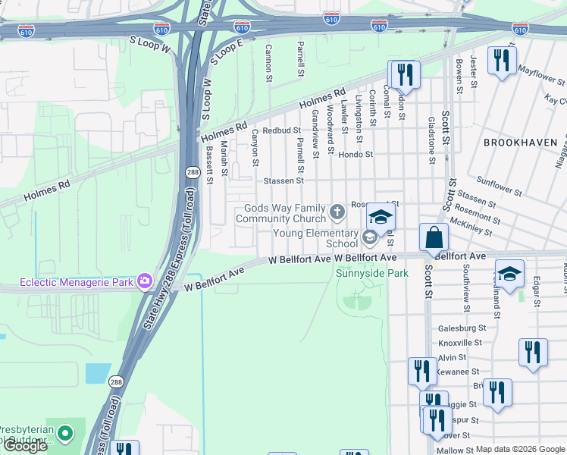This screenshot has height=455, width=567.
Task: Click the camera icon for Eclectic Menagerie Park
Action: pos(145,282)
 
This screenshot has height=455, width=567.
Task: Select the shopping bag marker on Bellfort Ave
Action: pos(433,237)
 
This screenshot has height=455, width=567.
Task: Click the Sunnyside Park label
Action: pos(372,273)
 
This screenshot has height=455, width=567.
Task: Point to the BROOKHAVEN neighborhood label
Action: pos(524,143)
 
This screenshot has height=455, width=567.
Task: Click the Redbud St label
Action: pos(282,130)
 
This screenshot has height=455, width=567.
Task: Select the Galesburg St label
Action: pos(462,328)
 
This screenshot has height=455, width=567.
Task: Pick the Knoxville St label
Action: pos(460,343)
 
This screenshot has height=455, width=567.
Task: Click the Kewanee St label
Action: pos(459,372)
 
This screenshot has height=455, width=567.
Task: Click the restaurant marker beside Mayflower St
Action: pos(501,60)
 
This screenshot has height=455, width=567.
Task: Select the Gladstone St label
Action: pos(431,140)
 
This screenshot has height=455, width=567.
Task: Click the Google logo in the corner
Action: pos(25,446)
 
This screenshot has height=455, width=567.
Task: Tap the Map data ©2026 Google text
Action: pos(520,449)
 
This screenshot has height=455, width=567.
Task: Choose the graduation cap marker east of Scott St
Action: pos(509,274)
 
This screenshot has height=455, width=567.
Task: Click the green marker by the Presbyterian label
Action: pos(65,434)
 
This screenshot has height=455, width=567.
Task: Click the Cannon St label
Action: pos(268,62)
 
